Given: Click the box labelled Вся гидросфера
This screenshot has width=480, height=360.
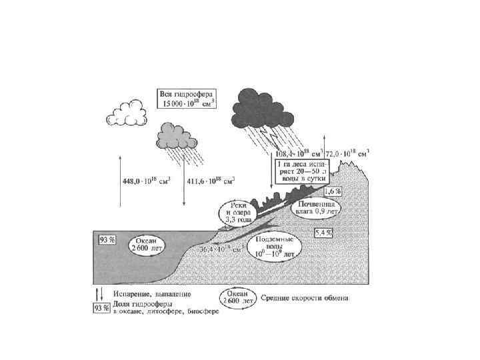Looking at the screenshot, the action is pyautogui.click(x=184, y=99).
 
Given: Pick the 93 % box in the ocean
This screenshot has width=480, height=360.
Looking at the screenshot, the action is pyautogui.click(x=107, y=239).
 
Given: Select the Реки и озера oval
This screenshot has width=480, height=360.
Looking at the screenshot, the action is pyautogui.click(x=238, y=212).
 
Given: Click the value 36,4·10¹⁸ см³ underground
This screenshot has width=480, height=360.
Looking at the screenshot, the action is pyautogui.click(x=225, y=249).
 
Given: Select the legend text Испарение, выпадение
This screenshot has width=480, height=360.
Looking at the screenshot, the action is pyautogui.click(x=152, y=293).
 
